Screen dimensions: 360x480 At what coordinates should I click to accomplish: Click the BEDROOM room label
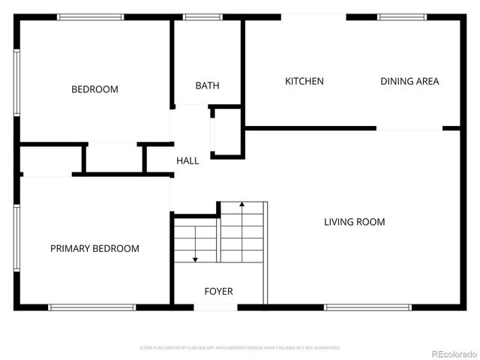tap(94, 89)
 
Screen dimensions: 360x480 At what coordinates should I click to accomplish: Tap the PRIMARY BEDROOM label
tap(94, 248)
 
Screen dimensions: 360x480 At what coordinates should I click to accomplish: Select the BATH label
tap(207, 85)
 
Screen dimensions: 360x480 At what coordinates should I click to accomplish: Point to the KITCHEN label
tap(304, 81)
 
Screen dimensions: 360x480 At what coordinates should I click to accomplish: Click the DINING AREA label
tap(409, 81)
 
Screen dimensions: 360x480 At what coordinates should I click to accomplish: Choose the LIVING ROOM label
tap(354, 221)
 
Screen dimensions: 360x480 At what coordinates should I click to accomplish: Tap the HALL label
tap(187, 160)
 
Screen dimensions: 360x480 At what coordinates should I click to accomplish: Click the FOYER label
tap(218, 291)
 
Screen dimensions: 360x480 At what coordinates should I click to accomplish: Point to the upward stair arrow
tap(241, 204)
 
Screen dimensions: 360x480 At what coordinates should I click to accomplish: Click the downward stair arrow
tap(195, 258)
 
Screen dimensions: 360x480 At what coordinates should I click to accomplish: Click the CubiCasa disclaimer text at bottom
tap(240, 348)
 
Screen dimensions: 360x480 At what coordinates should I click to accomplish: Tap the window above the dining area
tap(402, 16)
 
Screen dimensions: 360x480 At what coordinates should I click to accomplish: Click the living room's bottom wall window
tap(367, 307)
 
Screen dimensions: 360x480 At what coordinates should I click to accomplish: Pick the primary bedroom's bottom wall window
tap(91, 307)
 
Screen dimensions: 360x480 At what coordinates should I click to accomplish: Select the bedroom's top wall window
tap(91, 16)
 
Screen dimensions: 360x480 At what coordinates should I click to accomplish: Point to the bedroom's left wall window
tap(16, 82)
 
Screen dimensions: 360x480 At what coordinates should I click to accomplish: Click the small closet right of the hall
tap(226, 133)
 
